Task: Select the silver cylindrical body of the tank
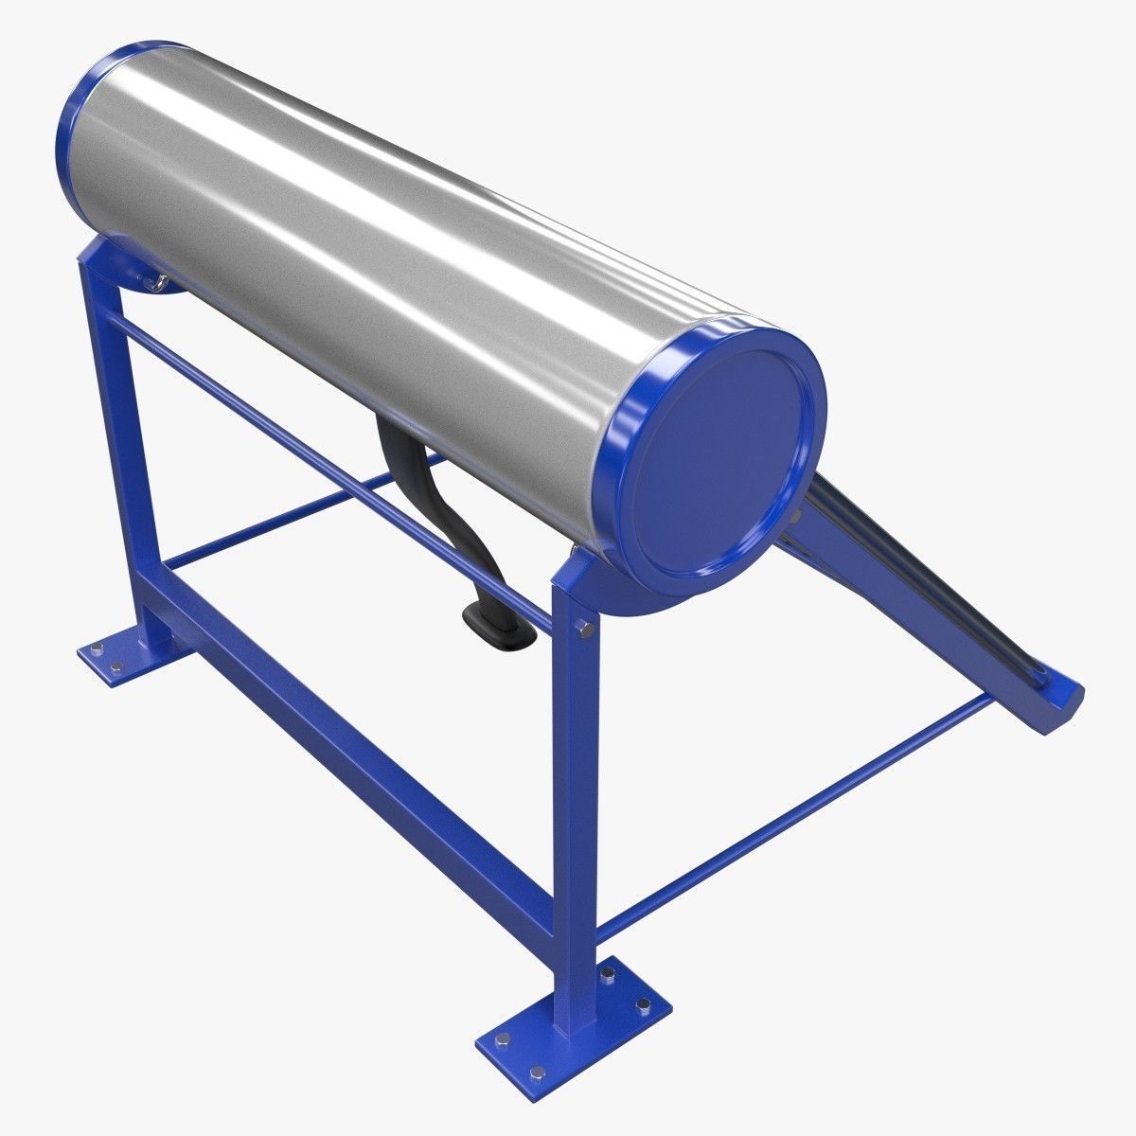coord(379,237)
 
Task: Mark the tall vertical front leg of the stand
coord(577,805)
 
